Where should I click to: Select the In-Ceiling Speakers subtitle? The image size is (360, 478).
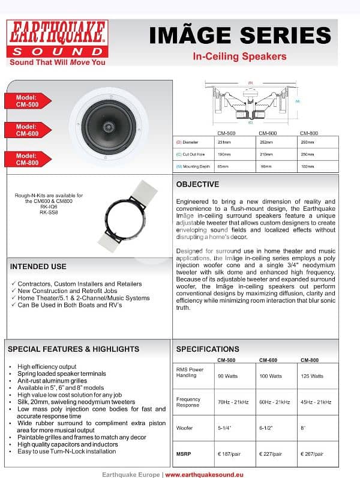pyautogui.click(x=239, y=57)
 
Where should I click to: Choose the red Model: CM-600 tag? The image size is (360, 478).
pyautogui.click(x=25, y=130)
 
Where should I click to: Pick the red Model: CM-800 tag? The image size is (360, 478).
pyautogui.click(x=25, y=159)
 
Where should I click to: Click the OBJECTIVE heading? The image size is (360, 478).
pyautogui.click(x=197, y=184)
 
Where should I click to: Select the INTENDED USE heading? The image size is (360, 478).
pyautogui.click(x=38, y=267)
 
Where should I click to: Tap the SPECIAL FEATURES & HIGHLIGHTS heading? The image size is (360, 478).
pyautogui.click(x=73, y=349)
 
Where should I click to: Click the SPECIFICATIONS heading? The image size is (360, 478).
pyautogui.click(x=207, y=349)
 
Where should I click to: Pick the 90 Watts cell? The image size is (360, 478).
pyautogui.click(x=225, y=376)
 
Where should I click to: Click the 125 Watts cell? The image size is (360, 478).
pyautogui.click(x=311, y=376)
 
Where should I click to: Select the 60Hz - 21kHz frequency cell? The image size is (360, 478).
pyautogui.click(x=269, y=402)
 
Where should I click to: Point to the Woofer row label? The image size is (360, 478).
pyautogui.click(x=184, y=428)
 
